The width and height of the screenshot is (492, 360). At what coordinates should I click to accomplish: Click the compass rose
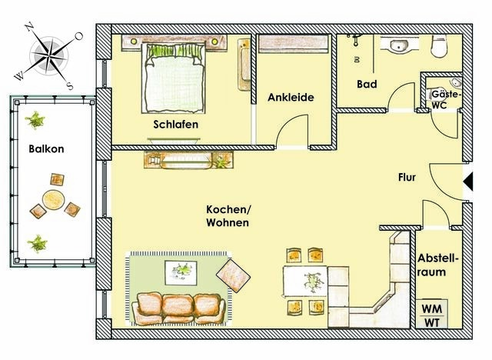point(52,54)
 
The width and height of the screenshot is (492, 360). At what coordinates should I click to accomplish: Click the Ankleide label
point(291,98)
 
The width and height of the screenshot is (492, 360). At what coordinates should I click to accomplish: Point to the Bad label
point(367,85)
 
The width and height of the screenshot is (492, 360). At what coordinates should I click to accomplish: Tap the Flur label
point(407,177)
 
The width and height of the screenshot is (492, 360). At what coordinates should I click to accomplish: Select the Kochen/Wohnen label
point(227,216)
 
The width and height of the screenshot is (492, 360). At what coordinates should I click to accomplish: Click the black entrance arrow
point(467,182)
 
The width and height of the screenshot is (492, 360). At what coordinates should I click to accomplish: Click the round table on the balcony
point(52,202)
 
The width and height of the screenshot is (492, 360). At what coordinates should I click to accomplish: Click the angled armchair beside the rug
point(234,273)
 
